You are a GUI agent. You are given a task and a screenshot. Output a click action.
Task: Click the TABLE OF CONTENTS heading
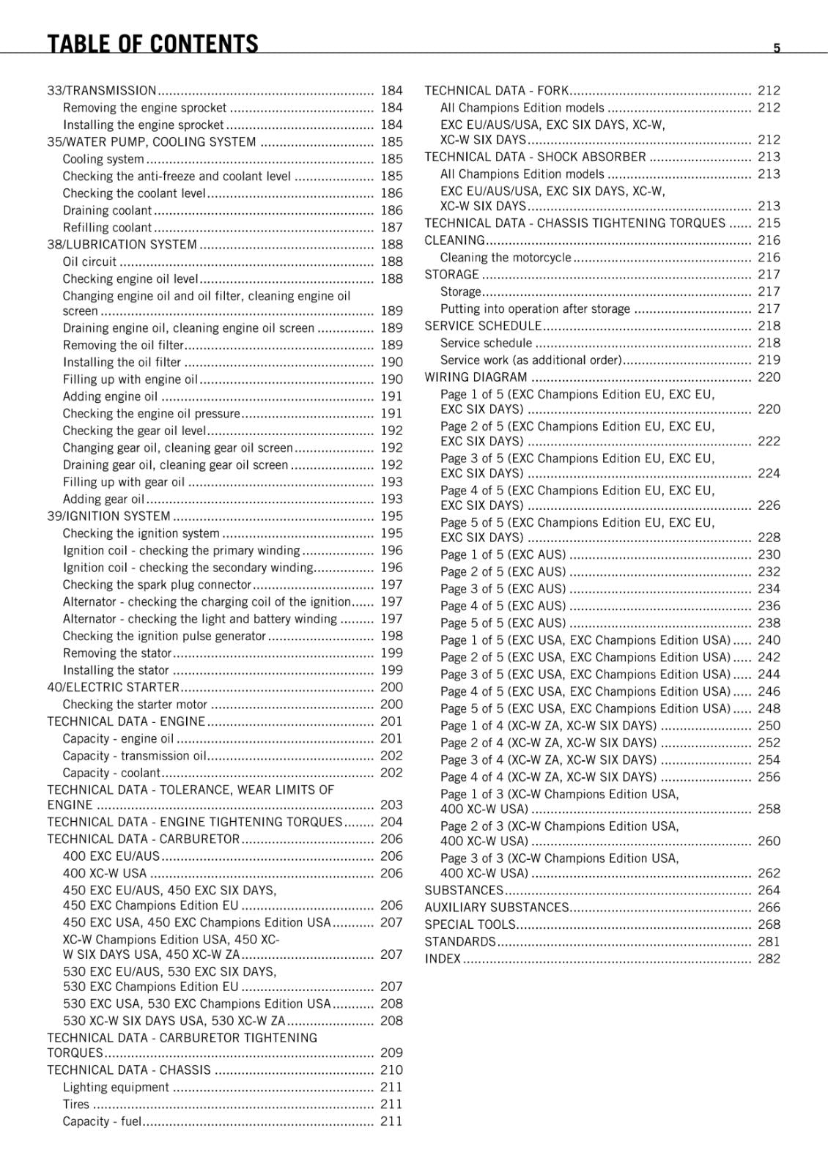point(152,45)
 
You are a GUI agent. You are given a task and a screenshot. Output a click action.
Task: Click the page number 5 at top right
point(777,48)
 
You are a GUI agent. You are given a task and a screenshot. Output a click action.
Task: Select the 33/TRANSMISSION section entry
point(102,91)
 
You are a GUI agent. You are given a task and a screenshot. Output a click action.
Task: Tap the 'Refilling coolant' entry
point(107,228)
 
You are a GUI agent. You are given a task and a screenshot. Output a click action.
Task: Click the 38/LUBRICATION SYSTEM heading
point(122,245)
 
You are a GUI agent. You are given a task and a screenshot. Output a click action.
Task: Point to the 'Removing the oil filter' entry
point(123,345)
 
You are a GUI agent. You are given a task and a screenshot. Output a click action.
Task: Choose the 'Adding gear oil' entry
point(103,500)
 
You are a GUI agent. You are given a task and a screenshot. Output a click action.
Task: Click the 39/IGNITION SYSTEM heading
point(108,516)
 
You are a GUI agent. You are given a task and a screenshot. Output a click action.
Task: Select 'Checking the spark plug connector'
point(157,585)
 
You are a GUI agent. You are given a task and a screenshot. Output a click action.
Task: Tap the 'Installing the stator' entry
point(116,670)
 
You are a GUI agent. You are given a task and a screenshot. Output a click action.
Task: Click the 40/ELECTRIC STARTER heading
point(113,687)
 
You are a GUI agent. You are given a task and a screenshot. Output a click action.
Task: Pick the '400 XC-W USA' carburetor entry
point(105,873)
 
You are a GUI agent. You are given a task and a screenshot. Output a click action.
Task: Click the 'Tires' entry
point(76,1104)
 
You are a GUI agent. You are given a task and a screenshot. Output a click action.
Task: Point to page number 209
point(391,1053)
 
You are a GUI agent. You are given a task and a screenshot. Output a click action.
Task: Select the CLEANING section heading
point(454,240)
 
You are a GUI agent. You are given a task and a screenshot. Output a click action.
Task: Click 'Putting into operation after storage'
point(535,309)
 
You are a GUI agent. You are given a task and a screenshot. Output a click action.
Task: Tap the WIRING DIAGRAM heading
point(476,377)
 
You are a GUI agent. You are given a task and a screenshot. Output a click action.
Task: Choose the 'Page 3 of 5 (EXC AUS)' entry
point(503,589)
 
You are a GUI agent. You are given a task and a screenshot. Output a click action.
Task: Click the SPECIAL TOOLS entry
point(470,924)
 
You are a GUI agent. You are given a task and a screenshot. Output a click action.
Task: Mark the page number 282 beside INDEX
point(769,959)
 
